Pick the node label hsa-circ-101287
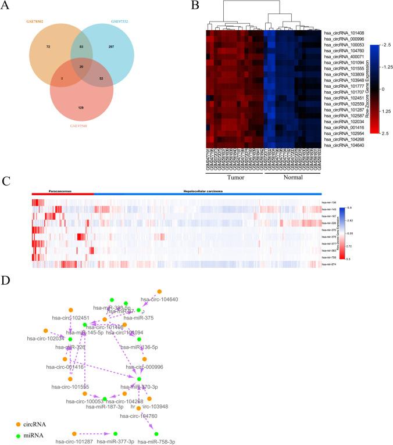(x=74, y=442)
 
